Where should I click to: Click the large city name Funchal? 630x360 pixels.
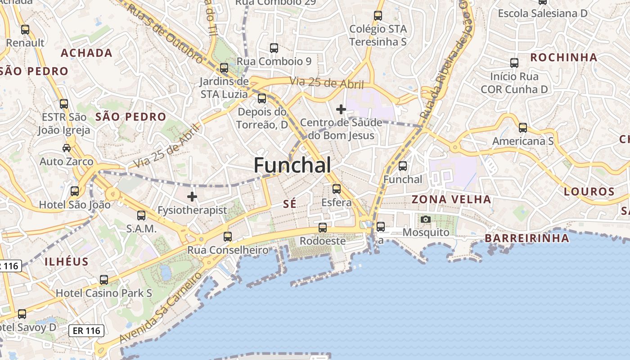(x=292, y=166)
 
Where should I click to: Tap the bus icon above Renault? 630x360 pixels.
(x=25, y=30)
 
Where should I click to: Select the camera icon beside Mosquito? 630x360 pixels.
(x=425, y=220)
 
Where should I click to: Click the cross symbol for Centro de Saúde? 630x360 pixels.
(x=341, y=109)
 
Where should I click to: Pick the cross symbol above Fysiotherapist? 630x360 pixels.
(x=192, y=197)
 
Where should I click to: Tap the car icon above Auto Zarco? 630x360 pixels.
(x=67, y=148)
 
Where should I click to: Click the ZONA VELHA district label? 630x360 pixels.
(x=451, y=199)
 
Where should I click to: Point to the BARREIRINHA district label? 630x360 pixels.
(x=527, y=238)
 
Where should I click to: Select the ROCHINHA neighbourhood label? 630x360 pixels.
(x=564, y=58)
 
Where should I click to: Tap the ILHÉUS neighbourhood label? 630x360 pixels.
(x=67, y=261)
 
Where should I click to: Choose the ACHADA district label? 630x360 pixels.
(x=87, y=53)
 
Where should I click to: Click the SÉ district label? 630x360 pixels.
(x=290, y=204)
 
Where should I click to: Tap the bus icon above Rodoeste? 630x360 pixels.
(x=323, y=228)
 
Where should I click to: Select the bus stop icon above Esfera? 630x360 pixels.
(x=337, y=189)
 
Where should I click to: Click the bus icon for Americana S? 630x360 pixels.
(x=522, y=128)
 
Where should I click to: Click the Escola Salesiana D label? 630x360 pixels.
(x=543, y=13)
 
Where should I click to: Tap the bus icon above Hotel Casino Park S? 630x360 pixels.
(x=104, y=280)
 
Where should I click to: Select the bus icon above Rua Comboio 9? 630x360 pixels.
(x=274, y=48)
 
